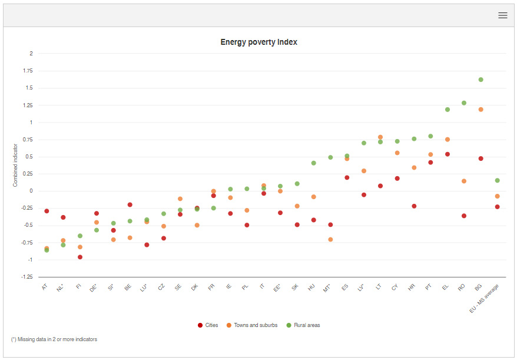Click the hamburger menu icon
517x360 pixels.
(502, 15)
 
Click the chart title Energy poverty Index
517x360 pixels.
(259, 42)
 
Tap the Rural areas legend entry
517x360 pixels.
(303, 325)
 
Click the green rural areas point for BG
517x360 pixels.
(480, 80)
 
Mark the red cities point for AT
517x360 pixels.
(47, 211)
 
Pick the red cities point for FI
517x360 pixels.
(80, 257)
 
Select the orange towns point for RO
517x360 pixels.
(464, 181)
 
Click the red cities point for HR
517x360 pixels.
(414, 206)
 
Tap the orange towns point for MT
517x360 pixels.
(330, 239)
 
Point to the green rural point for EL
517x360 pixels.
(448, 110)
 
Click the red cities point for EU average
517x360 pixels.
(498, 207)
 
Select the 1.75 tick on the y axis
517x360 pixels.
(27, 71)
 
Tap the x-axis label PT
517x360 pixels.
(428, 287)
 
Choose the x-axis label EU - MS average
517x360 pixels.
(485, 298)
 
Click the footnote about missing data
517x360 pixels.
(54, 340)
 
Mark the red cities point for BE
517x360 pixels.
(130, 204)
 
